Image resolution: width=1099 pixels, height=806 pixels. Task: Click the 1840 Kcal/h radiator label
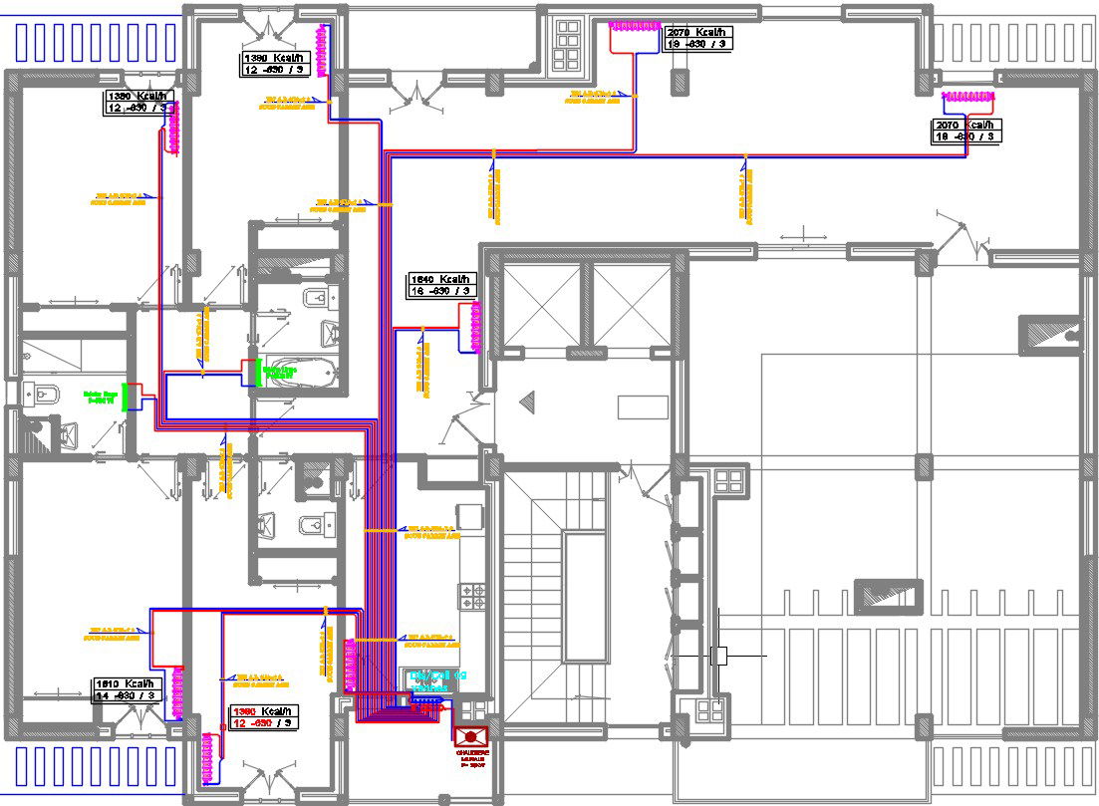click(x=441, y=285)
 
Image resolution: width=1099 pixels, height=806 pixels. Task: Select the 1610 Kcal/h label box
click(x=127, y=689)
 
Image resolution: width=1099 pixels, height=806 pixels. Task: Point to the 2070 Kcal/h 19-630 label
click(x=698, y=38)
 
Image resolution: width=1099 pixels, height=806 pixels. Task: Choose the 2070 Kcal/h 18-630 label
click(x=966, y=131)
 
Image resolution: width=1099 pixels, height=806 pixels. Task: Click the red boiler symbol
click(x=471, y=736)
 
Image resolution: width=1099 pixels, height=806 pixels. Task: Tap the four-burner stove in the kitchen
click(x=471, y=596)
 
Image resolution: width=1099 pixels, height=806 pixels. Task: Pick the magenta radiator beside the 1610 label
click(x=179, y=693)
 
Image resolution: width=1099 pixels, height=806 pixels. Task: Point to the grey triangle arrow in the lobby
click(x=529, y=402)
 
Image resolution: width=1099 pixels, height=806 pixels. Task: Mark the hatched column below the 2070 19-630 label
click(x=681, y=80)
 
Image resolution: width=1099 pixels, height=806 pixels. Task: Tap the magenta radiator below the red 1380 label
click(x=210, y=757)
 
